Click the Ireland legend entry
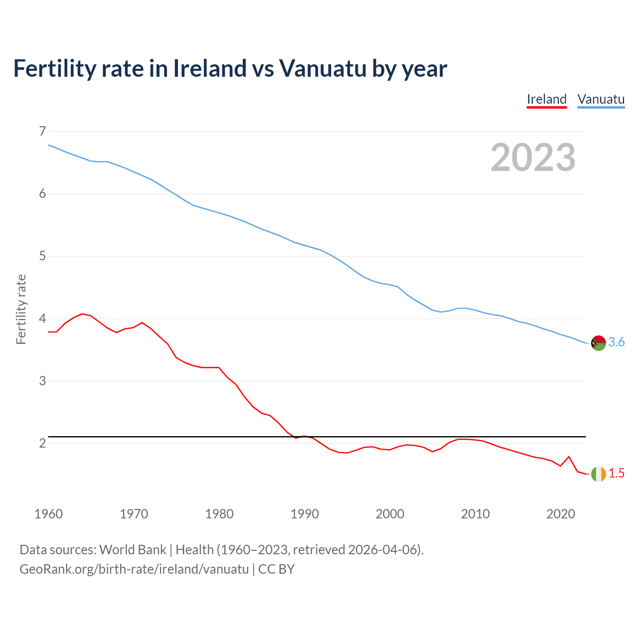tap(546, 99)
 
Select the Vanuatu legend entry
tap(601, 99)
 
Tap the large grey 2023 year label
tap(533, 158)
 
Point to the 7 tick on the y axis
tap(42, 132)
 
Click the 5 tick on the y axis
tap(42, 256)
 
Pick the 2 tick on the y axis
tap(42, 443)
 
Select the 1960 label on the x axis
tap(48, 514)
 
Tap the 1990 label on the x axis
tap(305, 514)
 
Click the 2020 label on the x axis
tap(561, 514)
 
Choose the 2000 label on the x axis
tap(390, 514)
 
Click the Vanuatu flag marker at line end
tap(598, 343)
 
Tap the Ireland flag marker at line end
tap(598, 474)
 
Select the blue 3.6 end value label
tap(617, 342)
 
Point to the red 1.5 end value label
tap(617, 474)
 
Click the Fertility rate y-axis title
tap(21, 309)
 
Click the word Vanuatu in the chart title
tap(322, 68)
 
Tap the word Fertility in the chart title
tap(54, 68)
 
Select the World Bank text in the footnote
tap(133, 550)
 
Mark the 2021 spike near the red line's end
tap(569, 457)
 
